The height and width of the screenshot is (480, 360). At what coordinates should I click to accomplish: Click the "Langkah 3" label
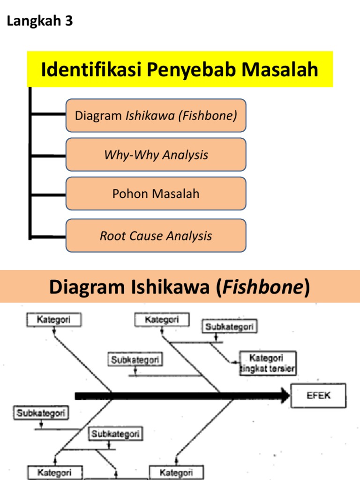[x=40, y=22]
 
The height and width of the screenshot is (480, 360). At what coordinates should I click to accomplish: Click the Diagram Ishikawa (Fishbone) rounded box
[x=156, y=115]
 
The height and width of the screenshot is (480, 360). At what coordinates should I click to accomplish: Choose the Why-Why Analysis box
[x=156, y=155]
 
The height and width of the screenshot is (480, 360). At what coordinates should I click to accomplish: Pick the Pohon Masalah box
[x=156, y=194]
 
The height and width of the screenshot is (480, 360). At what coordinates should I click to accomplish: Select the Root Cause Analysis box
[x=156, y=236]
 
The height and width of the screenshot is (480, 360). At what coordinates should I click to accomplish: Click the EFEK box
[x=319, y=395]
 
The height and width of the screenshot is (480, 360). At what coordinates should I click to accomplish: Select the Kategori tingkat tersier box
[x=268, y=363]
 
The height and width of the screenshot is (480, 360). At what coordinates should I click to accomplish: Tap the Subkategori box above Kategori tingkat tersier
[x=230, y=327]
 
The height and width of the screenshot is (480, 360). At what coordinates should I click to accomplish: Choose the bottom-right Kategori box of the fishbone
[x=176, y=472]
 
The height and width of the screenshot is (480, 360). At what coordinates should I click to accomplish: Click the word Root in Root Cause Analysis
[x=111, y=236]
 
